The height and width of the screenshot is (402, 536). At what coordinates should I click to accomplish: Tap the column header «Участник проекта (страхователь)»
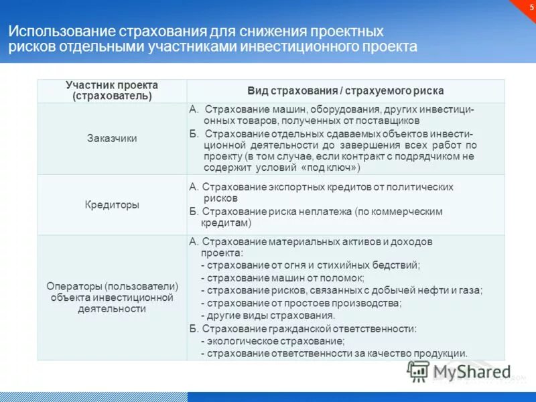pos(112,90)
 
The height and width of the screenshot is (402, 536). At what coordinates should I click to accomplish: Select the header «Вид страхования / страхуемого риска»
pos(345,90)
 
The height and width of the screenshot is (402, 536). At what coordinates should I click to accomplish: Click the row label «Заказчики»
pos(112,139)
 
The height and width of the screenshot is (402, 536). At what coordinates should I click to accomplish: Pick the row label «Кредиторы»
pos(112,205)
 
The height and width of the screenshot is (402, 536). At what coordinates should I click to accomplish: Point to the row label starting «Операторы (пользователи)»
pos(112,286)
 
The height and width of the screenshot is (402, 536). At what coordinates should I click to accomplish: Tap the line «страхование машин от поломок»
pos(285,277)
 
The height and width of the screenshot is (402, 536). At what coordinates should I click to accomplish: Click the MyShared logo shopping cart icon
pos(418,371)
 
